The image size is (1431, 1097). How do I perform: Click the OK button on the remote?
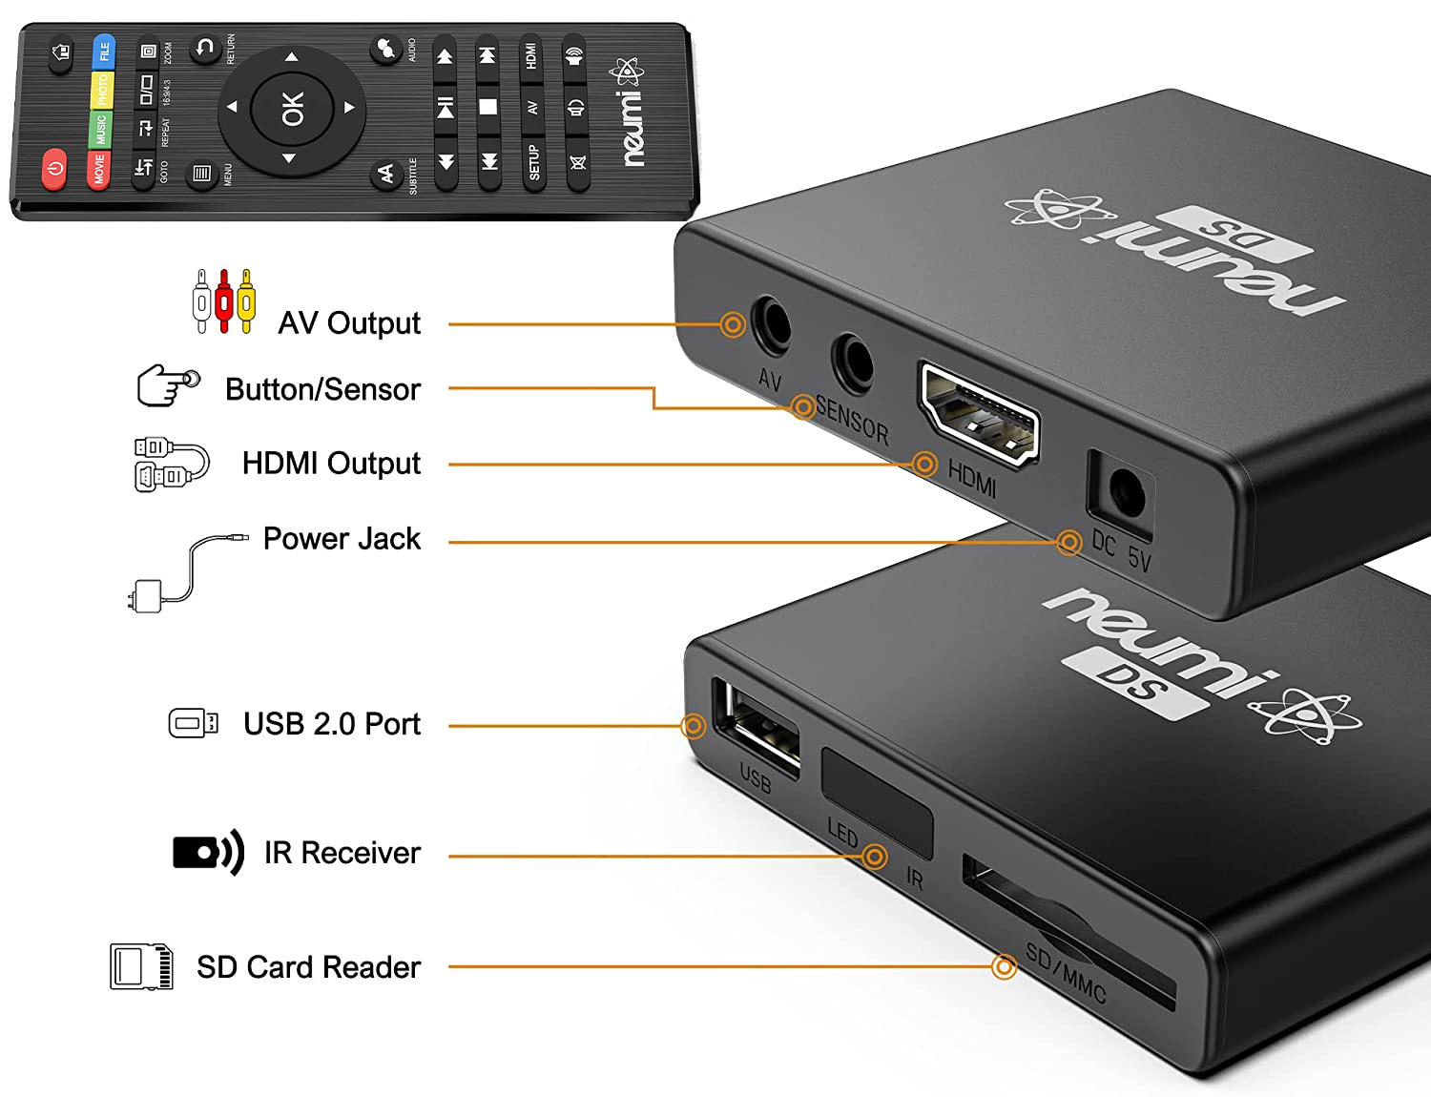click(x=292, y=108)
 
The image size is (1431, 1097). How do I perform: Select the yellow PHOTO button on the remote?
click(x=102, y=91)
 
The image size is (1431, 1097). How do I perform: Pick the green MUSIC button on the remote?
click(x=100, y=130)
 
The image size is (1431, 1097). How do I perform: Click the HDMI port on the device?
click(x=978, y=415)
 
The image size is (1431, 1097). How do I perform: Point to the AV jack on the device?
click(x=771, y=326)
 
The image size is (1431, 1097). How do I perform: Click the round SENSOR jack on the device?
click(x=852, y=362)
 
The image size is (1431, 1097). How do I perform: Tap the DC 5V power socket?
click(x=1126, y=493)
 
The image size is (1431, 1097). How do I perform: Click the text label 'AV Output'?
click(x=349, y=323)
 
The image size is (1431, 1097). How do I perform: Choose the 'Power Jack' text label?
click(x=342, y=539)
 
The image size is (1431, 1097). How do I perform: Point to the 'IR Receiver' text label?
click(x=342, y=853)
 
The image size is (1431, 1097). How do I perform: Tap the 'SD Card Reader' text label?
click(x=308, y=967)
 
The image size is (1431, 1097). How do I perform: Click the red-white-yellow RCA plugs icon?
click(x=224, y=300)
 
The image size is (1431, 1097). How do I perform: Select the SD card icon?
click(x=142, y=966)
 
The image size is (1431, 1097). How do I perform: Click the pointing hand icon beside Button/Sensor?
click(x=169, y=386)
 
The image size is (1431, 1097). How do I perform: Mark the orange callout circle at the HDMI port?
click(x=923, y=465)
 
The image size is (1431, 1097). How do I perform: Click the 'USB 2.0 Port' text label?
click(x=331, y=724)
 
